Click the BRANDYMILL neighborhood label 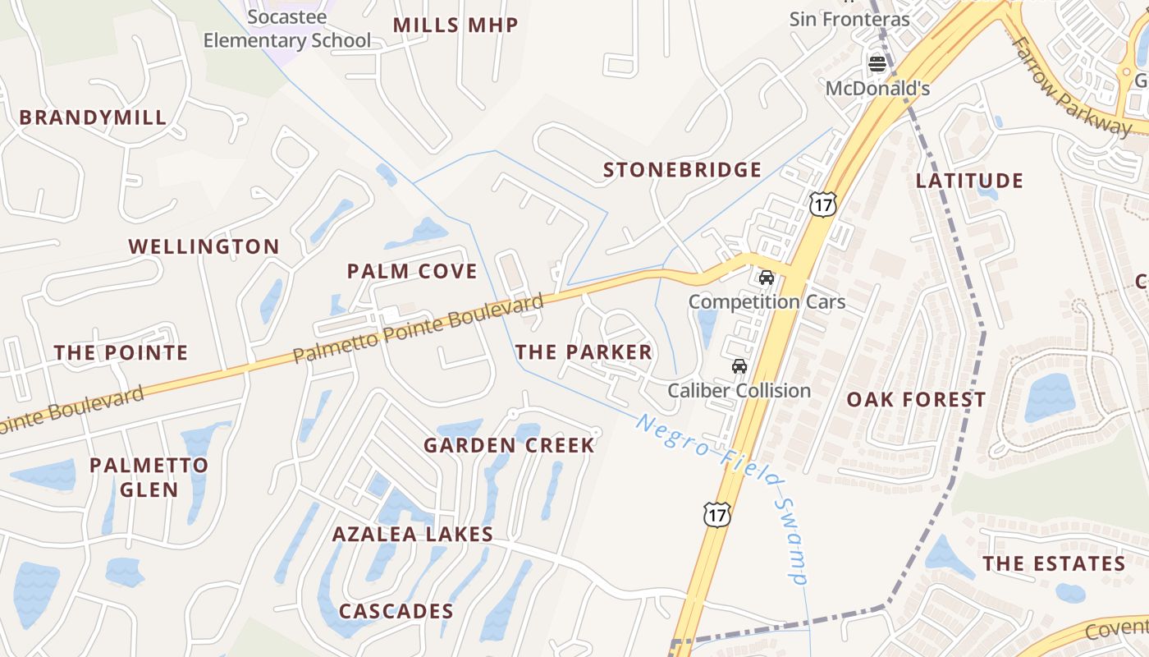[93, 117]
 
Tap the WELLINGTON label [204, 246]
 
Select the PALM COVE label [412, 271]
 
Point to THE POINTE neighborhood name [121, 353]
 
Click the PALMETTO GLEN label [149, 477]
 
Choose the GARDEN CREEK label [509, 445]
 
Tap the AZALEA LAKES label [413, 535]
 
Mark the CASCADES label [396, 612]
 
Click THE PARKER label [584, 352]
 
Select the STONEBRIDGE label [683, 170]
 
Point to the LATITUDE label [969, 181]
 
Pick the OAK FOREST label [916, 400]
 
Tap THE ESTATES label [1055, 563]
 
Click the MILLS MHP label [455, 25]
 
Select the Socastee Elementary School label [287, 29]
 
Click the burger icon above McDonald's [877, 63]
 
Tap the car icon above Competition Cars [767, 278]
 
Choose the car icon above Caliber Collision [739, 366]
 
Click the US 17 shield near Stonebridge [822, 204]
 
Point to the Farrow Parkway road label [1070, 85]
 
